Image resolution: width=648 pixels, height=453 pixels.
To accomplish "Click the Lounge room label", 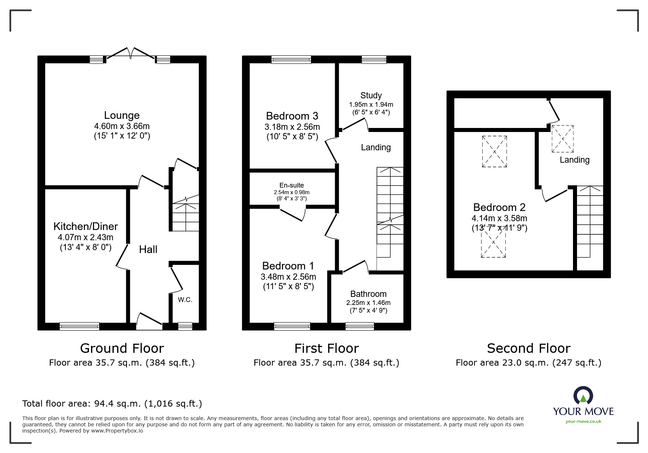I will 122,116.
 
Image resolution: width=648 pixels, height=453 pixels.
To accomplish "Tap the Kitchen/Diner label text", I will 86,226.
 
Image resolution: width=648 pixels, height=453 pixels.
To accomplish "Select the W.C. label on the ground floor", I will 185,300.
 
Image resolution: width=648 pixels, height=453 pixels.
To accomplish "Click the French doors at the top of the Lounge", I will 131,53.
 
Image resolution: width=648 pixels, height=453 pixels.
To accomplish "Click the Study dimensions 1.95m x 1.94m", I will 371,105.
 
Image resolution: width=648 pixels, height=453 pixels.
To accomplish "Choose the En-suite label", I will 292,185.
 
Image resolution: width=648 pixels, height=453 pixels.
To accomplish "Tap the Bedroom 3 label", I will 292,116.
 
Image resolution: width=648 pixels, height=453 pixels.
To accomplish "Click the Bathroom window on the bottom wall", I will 360,326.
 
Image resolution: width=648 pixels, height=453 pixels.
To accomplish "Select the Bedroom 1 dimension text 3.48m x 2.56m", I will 288,277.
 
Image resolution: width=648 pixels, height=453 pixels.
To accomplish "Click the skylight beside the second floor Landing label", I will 562,139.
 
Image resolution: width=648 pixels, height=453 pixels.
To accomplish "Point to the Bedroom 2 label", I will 499,208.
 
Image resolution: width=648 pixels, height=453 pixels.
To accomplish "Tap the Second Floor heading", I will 528,348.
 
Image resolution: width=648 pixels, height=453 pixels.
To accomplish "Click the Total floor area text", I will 112,404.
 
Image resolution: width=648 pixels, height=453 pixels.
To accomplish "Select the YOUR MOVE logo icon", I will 583,396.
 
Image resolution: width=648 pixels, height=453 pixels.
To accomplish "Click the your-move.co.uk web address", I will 583,422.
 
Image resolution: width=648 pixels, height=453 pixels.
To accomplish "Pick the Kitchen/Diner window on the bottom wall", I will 79,326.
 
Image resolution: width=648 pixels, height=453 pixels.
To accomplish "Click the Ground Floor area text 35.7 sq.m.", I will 122,363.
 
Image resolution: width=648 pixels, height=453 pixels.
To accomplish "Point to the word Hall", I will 148,250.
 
